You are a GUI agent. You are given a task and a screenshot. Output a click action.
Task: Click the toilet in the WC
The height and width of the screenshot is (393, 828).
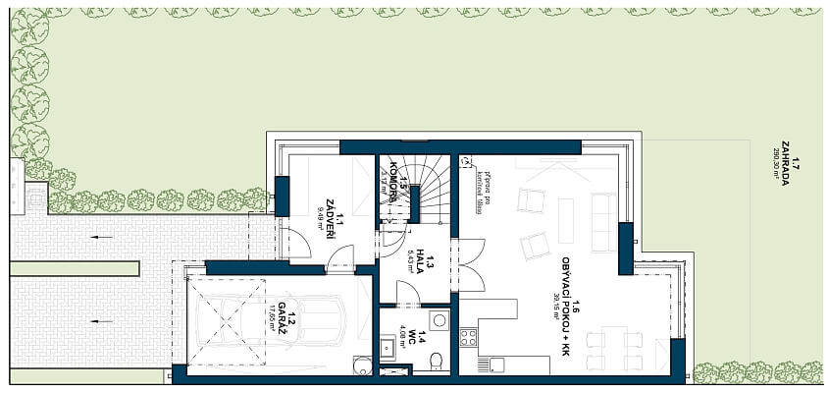click(x=435, y=364)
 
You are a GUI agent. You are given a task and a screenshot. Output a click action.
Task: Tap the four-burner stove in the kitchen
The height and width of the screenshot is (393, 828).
click(x=469, y=337)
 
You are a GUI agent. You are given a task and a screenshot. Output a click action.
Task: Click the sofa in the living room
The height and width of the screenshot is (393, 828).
click(x=602, y=209)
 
